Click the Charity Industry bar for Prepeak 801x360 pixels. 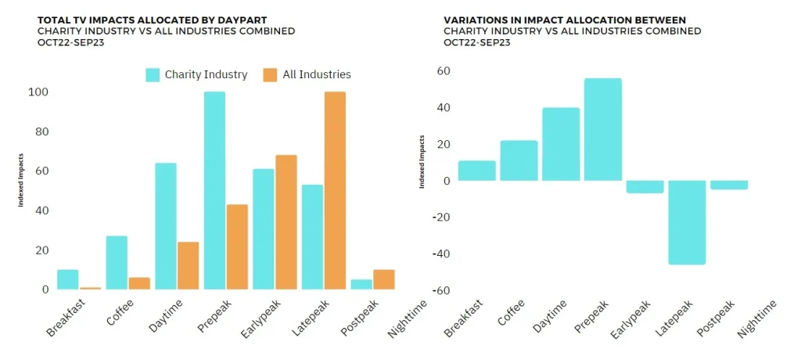pos(214,191)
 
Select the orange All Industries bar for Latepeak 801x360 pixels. pos(335,191)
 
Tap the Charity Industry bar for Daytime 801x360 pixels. pos(165,226)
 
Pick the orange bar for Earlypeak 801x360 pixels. pos(286,222)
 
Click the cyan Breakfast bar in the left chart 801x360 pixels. pos(68,280)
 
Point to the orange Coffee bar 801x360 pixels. pos(139,283)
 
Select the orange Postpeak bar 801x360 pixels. pos(384,280)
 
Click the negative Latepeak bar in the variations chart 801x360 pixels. pos(687,222)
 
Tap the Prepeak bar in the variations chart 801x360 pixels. pos(603,129)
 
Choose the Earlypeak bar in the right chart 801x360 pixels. pos(645,186)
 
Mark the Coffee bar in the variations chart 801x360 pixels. pos(519,160)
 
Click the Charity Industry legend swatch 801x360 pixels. pos(153,75)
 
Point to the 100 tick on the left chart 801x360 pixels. pos(40,92)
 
